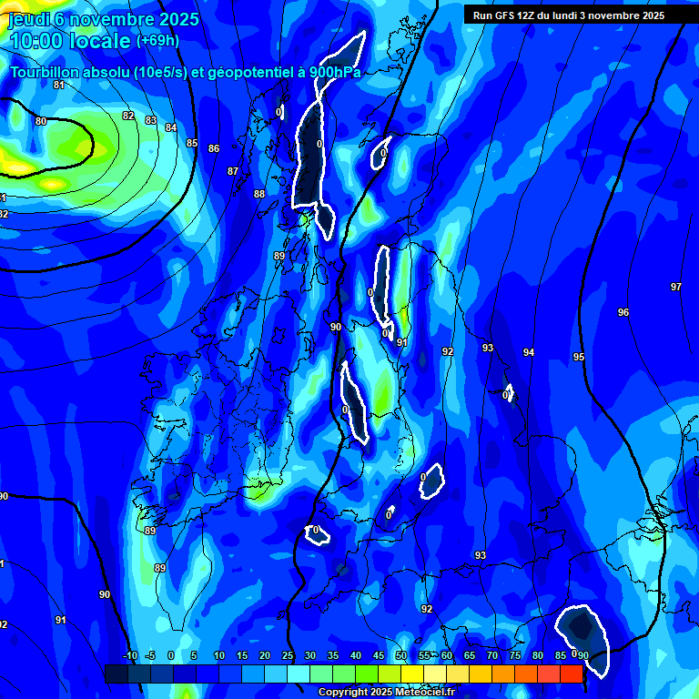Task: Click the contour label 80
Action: pyautogui.click(x=40, y=121)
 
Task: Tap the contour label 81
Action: pyautogui.click(x=59, y=85)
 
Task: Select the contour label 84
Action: pyautogui.click(x=171, y=127)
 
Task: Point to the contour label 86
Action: pyautogui.click(x=214, y=148)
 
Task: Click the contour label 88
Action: pyautogui.click(x=259, y=194)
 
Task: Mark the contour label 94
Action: pyautogui.click(x=529, y=352)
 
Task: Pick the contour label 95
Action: pyautogui.click(x=579, y=358)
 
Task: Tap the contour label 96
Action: pyautogui.click(x=623, y=312)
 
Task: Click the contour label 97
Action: pyautogui.click(x=676, y=287)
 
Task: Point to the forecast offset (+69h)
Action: pyautogui.click(x=157, y=41)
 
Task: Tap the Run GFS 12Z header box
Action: pyautogui.click(x=569, y=15)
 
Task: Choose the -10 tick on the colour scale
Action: pyautogui.click(x=130, y=655)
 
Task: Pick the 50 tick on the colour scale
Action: pyautogui.click(x=401, y=655)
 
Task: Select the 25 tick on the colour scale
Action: pyautogui.click(x=288, y=655)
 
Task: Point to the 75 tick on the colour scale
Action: pyautogui.click(x=515, y=655)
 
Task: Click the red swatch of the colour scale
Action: pyautogui.click(x=571, y=674)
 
